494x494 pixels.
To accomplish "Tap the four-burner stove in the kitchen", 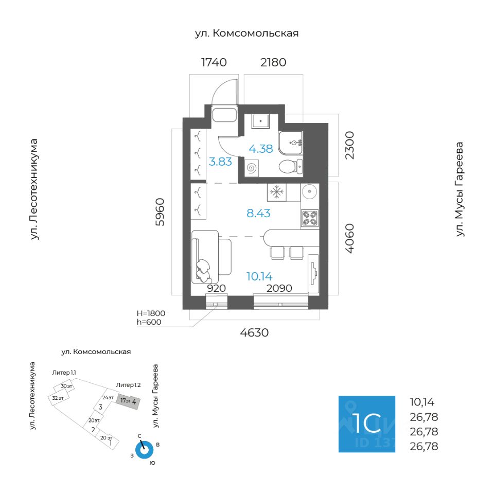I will pyautogui.click(x=309, y=218).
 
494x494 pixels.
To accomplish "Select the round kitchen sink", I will pyautogui.click(x=309, y=192).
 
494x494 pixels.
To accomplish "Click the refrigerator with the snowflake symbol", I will pyautogui.click(x=277, y=192).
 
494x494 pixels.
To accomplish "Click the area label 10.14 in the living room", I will pyautogui.click(x=259, y=276).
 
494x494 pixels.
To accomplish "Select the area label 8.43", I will pyautogui.click(x=258, y=213).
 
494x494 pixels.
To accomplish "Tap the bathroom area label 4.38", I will pyautogui.click(x=260, y=149).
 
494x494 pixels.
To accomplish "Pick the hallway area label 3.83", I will pyautogui.click(x=220, y=161).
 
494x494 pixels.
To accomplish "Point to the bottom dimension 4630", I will pyautogui.click(x=254, y=332).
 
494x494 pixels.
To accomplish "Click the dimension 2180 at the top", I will pyautogui.click(x=273, y=63).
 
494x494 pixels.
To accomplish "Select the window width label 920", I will pyautogui.click(x=216, y=288).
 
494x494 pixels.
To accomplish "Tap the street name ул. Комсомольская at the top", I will pyautogui.click(x=246, y=33).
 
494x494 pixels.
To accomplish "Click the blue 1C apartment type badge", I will pyautogui.click(x=366, y=424).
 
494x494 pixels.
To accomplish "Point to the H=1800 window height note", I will pyautogui.click(x=151, y=312).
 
